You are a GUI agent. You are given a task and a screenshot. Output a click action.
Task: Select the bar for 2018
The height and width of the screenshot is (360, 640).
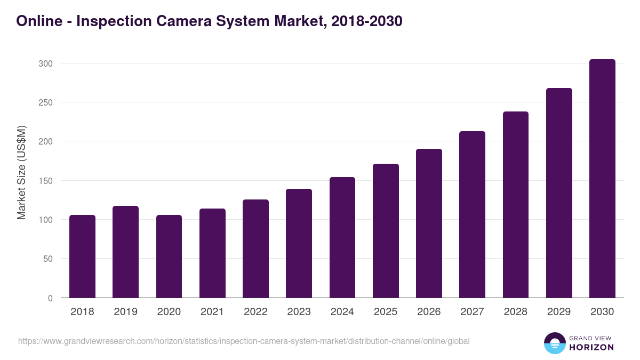pos(82,257)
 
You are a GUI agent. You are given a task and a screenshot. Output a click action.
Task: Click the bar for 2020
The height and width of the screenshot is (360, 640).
pos(169,257)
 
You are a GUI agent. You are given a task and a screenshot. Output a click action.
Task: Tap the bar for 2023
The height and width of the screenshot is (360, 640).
pos(299,243)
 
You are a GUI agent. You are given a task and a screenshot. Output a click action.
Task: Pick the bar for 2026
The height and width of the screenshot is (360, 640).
pos(429,223)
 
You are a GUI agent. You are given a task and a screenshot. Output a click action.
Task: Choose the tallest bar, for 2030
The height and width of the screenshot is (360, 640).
pos(602,179)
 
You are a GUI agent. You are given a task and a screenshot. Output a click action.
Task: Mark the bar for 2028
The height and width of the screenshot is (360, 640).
pos(515,205)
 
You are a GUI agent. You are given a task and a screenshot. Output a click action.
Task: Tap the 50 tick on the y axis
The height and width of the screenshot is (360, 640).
pos(47,259)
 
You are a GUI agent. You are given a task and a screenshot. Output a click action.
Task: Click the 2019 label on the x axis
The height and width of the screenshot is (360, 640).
pos(125,312)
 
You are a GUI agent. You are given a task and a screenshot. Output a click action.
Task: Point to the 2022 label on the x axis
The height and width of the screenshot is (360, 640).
pos(255,312)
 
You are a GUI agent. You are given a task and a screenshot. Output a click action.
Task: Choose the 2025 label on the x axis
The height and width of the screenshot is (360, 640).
pos(386,312)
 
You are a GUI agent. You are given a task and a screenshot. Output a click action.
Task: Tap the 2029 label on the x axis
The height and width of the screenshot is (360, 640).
pos(559,312)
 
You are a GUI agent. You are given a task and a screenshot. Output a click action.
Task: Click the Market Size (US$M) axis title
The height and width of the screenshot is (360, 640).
pos(21,172)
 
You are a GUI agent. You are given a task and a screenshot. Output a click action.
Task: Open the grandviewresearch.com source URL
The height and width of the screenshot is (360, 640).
pos(244,341)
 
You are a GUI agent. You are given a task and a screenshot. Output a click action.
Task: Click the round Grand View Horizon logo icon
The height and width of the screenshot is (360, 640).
pos(554,343)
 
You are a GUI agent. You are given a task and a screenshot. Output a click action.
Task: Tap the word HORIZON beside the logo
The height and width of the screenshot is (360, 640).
pos(591,347)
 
